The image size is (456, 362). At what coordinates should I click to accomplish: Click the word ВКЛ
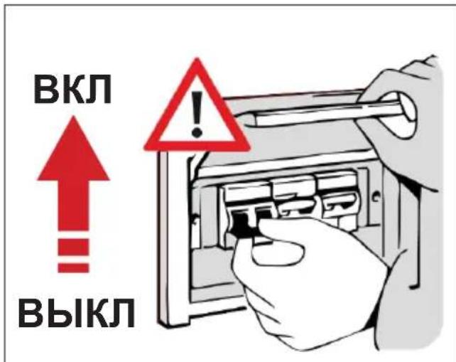point(72,89)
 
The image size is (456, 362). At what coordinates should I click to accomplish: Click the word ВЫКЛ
point(77,312)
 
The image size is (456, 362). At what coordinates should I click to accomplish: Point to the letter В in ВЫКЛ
point(31,312)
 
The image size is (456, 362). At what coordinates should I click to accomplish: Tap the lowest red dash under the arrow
point(73,267)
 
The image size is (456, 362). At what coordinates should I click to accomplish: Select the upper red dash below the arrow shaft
point(73,246)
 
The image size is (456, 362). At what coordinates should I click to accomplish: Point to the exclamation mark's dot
point(197,132)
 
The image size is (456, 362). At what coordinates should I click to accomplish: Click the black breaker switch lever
point(241,223)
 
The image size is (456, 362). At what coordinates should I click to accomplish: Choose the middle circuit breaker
point(294,196)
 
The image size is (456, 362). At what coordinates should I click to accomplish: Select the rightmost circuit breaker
point(337,193)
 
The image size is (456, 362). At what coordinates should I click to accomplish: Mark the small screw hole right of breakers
point(376,197)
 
